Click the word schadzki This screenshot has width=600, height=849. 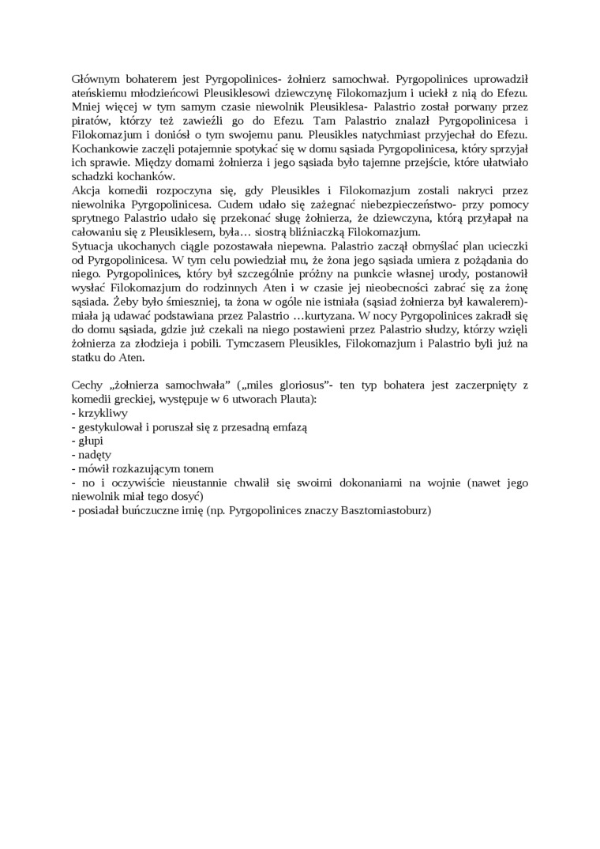click(92, 176)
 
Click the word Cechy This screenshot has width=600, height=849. click(87, 385)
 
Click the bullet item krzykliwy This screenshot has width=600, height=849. click(103, 413)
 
